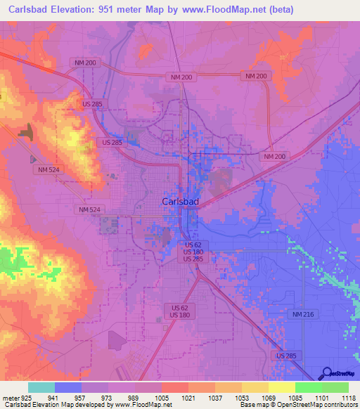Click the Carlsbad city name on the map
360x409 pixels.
click(x=180, y=202)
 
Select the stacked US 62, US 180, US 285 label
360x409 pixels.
click(x=193, y=252)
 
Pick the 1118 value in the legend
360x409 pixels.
click(x=349, y=397)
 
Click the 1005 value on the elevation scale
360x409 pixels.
click(x=162, y=397)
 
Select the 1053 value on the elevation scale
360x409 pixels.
click(x=242, y=397)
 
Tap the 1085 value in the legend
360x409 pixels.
click(x=295, y=397)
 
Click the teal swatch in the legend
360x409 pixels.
click(x=41, y=387)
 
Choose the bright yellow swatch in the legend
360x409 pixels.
click(x=281, y=387)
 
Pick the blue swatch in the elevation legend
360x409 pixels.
click(x=68, y=387)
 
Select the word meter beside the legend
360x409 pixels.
click(x=10, y=397)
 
